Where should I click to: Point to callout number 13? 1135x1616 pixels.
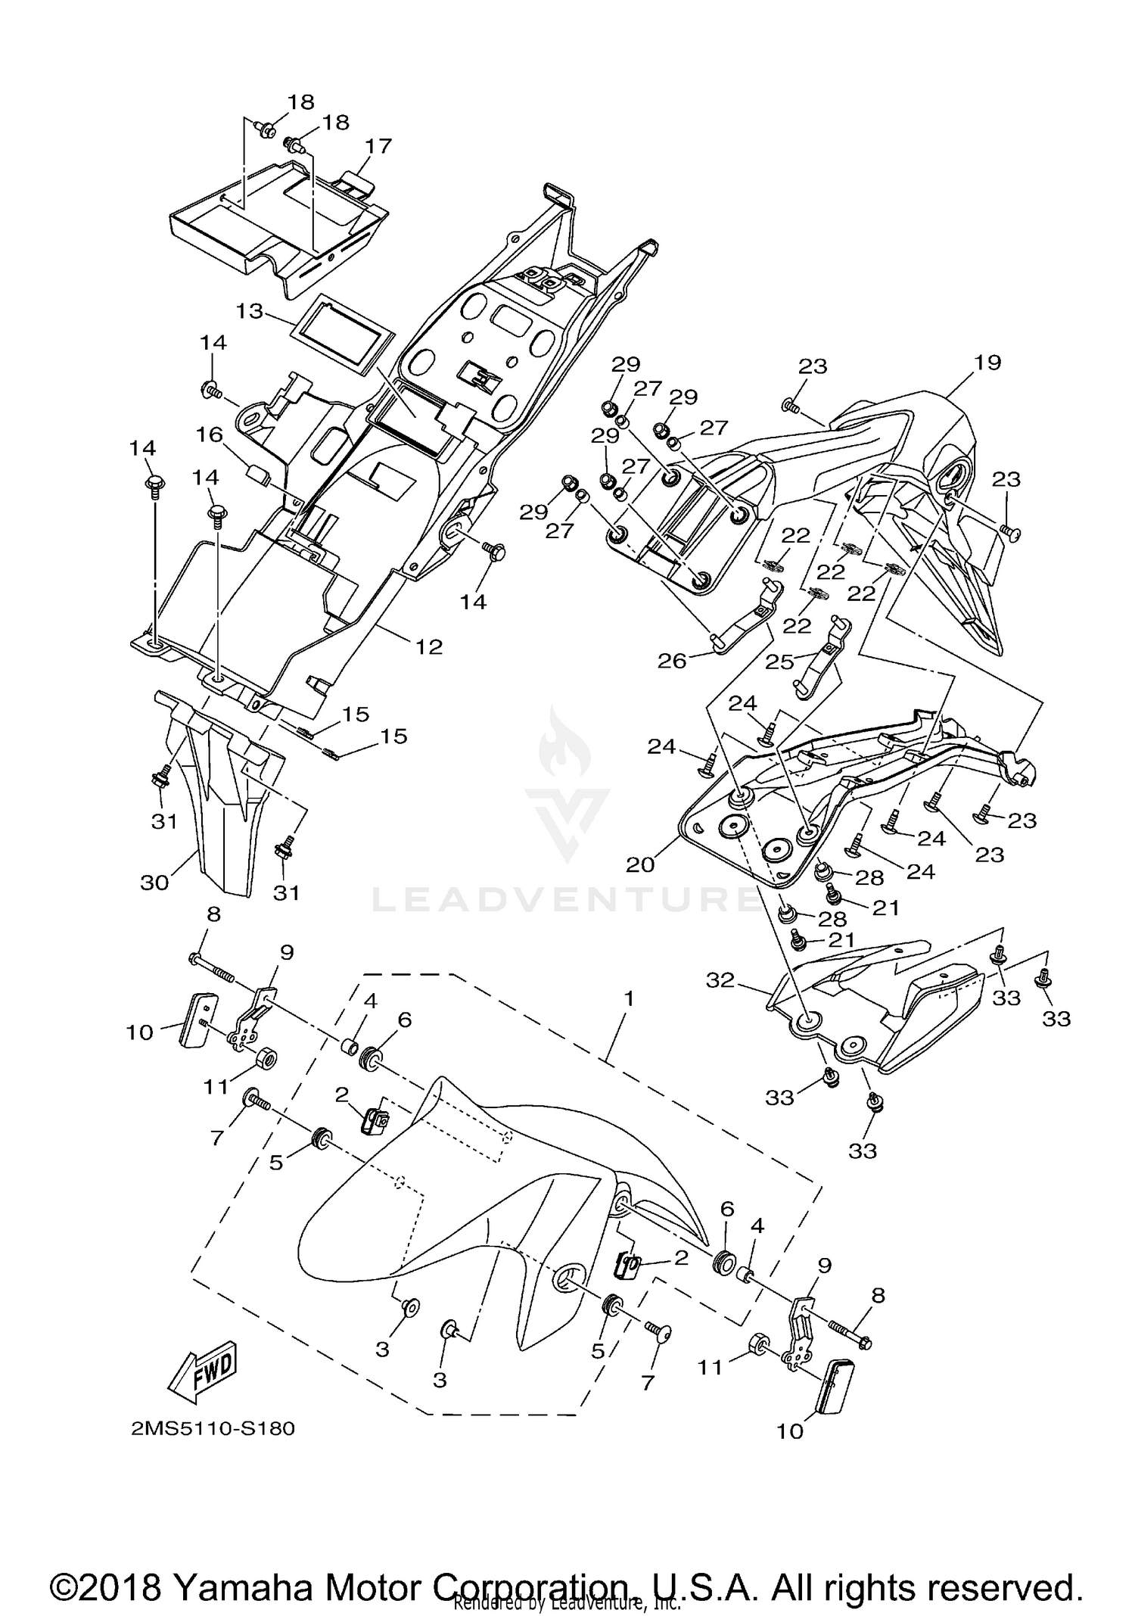coord(249,311)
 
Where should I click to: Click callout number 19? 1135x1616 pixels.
coord(987,363)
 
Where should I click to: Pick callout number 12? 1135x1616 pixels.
coord(428,646)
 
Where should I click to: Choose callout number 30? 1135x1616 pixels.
coord(154,883)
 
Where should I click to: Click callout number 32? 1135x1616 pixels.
coord(720,980)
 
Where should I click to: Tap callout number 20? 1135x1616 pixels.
coord(640,864)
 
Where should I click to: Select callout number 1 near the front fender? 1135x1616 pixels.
coord(627,999)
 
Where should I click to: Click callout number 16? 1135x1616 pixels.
coord(210,434)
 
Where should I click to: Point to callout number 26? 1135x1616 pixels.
coord(671,661)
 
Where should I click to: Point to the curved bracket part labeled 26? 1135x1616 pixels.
coord(745,612)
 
